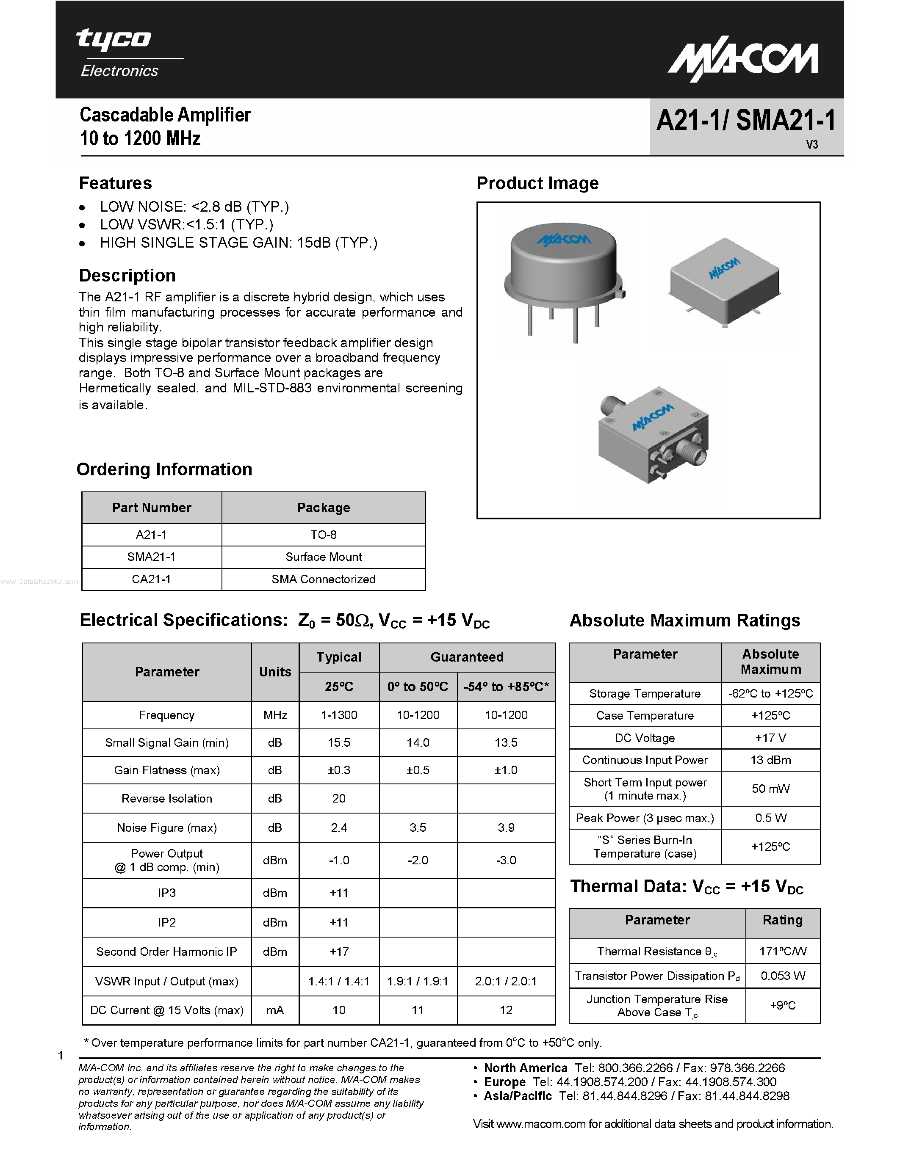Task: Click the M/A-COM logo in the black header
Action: pos(743,60)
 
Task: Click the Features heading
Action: pos(115,183)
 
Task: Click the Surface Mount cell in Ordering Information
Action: pos(323,557)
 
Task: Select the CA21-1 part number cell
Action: pos(152,579)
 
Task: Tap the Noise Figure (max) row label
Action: pos(166,827)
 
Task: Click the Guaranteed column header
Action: pos(467,657)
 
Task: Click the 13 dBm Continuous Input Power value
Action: pos(770,760)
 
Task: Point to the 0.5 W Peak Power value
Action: pos(770,818)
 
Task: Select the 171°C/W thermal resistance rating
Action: pos(782,952)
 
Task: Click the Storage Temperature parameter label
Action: pos(644,693)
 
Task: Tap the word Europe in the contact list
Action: pos(504,1082)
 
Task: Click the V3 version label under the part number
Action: pos(811,145)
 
